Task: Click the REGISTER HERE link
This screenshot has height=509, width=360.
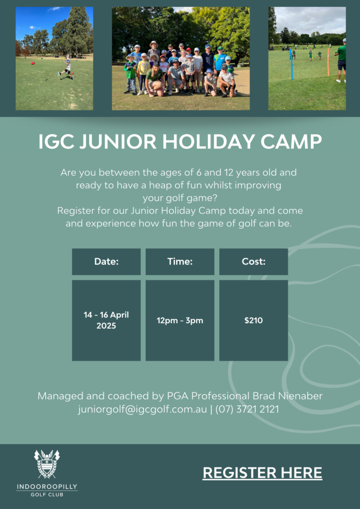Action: tap(262, 473)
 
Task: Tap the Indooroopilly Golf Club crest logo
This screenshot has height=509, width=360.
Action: tap(47, 464)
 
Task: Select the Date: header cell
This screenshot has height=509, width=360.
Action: tap(106, 261)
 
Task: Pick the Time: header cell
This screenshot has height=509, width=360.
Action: tap(180, 261)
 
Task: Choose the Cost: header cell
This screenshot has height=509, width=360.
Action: tap(254, 261)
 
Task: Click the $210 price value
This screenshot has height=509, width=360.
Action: tap(254, 321)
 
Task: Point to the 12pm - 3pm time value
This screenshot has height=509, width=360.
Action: tap(180, 321)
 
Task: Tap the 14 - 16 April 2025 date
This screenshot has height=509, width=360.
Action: tap(106, 321)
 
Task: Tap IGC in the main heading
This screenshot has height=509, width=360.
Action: tap(56, 142)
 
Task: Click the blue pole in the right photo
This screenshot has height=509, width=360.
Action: tap(291, 64)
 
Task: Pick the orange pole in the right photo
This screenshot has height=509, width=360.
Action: tap(329, 62)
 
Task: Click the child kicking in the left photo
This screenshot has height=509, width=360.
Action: tap(66, 69)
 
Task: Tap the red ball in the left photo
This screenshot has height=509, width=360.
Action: tap(34, 63)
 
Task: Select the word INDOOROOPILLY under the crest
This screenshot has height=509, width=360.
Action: tap(47, 487)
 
